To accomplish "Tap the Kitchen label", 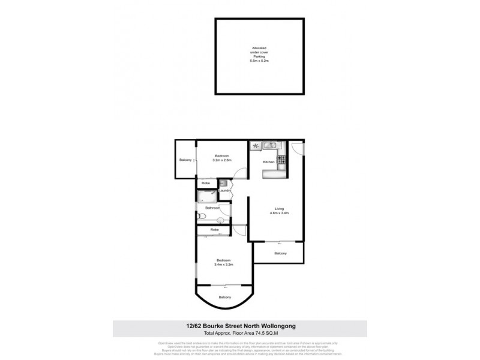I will (x=268, y=163).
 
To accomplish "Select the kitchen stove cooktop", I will (x=281, y=159).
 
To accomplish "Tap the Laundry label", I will (x=225, y=191).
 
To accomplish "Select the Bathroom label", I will (x=213, y=208).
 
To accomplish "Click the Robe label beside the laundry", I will (x=205, y=182).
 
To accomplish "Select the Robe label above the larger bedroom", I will (x=213, y=229).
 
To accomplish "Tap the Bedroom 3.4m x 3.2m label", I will (x=223, y=262).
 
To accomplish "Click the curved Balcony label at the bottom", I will (x=224, y=297).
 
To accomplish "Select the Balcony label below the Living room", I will (x=280, y=253).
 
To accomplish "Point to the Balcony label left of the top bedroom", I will (x=185, y=160).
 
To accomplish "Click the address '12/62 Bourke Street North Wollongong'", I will (x=239, y=326).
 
